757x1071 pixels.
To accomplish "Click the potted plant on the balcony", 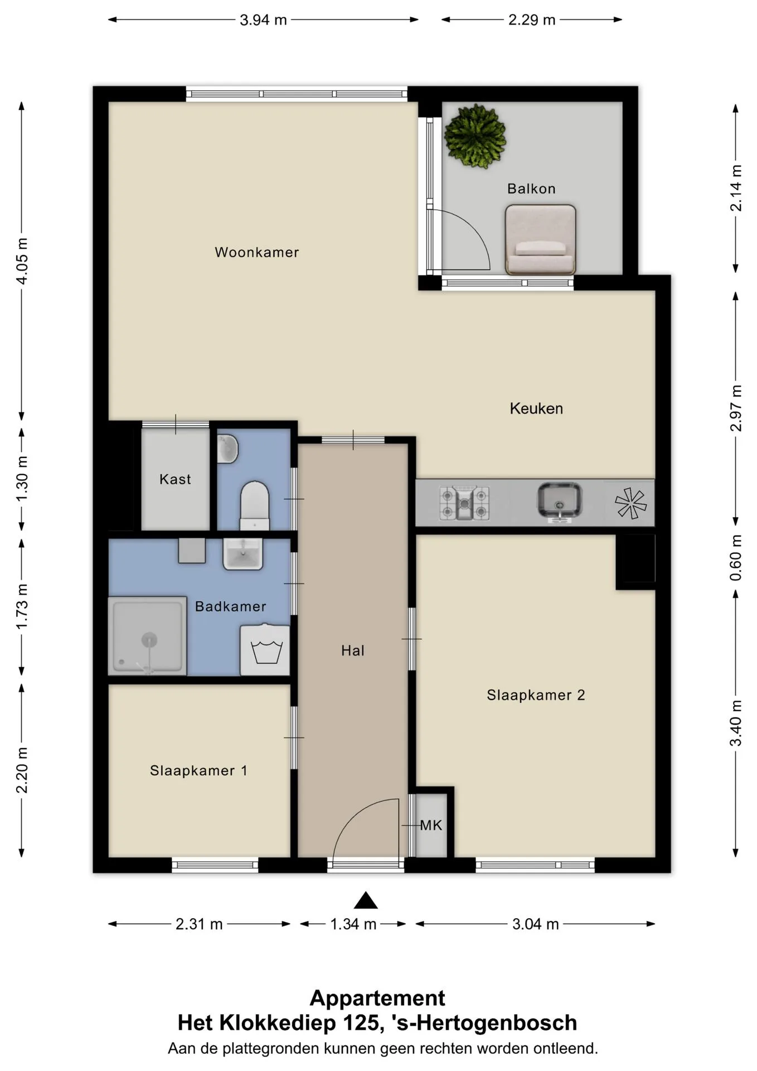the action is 475,136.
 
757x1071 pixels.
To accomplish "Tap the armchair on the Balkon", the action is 540,240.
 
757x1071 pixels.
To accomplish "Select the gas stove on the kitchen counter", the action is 464,503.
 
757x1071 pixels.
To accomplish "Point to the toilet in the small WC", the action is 255,505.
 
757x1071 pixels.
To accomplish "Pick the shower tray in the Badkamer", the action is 147,636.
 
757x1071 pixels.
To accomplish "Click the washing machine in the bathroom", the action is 265,650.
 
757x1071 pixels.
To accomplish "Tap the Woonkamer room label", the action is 257,252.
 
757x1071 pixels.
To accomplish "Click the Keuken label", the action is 536,408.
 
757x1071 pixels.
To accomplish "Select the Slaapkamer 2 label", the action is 536,695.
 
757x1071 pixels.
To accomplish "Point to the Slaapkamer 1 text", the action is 198,770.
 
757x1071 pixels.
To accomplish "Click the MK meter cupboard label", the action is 431,825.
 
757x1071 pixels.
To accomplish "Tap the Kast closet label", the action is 175,479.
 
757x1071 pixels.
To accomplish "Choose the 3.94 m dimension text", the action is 263,20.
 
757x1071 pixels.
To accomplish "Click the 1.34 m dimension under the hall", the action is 353,924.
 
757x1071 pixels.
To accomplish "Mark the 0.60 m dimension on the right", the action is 736,558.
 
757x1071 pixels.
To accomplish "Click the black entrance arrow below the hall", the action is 366,900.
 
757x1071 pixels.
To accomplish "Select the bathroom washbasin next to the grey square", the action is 243,554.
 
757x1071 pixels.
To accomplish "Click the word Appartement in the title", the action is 377,998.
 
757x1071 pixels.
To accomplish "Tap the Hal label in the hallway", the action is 353,650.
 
